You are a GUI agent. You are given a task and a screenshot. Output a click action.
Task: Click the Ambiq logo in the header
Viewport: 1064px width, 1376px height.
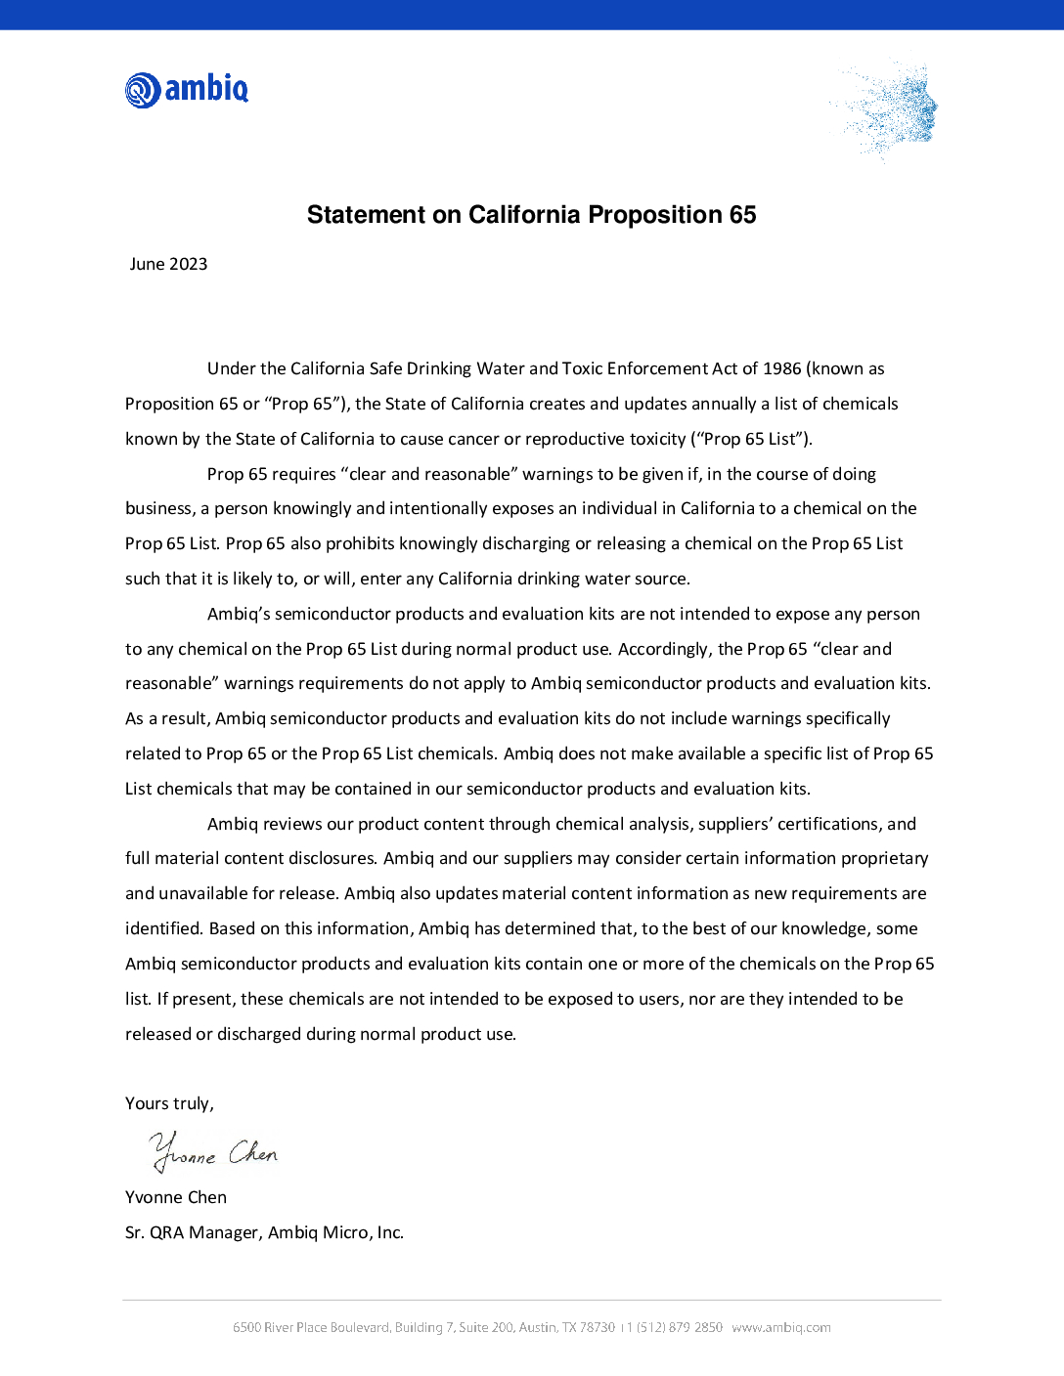coord(187,89)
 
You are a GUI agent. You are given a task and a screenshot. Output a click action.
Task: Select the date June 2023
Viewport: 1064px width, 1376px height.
coord(168,264)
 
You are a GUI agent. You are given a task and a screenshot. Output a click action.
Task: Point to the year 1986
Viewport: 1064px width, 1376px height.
coord(782,368)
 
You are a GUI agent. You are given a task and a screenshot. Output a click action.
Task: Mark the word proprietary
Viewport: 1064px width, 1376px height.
coord(885,858)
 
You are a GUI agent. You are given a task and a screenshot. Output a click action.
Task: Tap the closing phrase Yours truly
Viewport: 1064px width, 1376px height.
coord(169,1103)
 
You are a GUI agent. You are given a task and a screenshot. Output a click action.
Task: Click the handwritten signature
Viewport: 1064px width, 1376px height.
coord(214,1152)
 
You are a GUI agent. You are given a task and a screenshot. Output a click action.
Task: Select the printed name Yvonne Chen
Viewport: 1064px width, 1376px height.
coord(176,1197)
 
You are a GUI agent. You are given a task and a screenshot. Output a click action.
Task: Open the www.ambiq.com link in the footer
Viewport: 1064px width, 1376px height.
coord(781,1327)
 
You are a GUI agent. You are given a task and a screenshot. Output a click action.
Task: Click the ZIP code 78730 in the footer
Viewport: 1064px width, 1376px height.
coord(598,1327)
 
